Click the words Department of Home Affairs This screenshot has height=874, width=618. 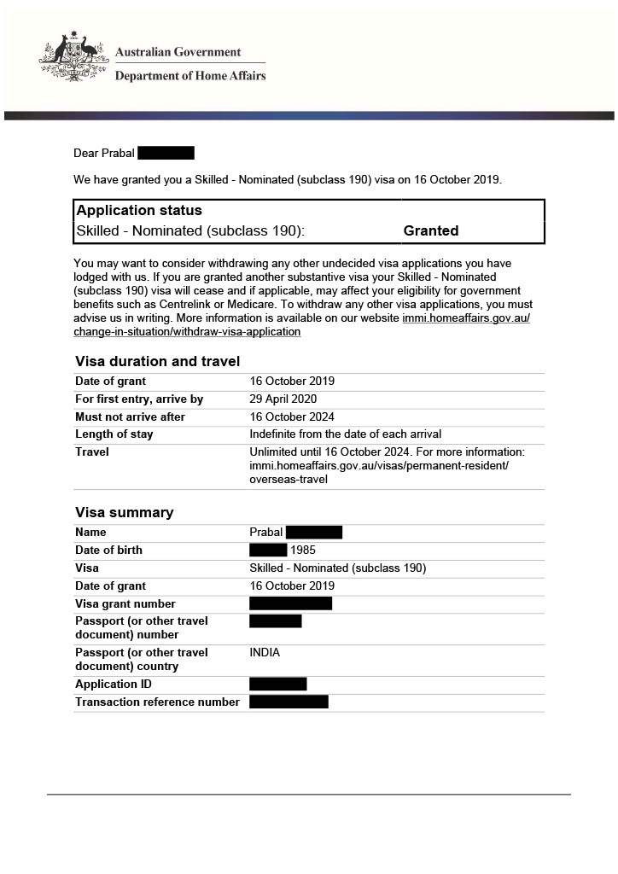[190, 76]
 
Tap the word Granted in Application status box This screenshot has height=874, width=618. [430, 230]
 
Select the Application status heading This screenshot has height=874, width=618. [139, 210]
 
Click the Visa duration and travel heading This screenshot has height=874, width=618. [157, 361]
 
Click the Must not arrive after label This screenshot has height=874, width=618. [130, 417]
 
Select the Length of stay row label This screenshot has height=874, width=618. [114, 434]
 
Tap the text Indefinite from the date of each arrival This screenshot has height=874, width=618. [345, 434]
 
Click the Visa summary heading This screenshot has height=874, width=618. [124, 512]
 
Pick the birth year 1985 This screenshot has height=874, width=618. [303, 551]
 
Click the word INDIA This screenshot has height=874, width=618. [265, 653]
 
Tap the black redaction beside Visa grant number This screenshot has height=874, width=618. [290, 603]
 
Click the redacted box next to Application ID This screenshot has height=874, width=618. [277, 684]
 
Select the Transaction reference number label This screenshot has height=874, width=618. [157, 702]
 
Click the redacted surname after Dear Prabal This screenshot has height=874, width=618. [166, 153]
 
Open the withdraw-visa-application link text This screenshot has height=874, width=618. [187, 332]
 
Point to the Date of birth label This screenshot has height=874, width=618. [108, 551]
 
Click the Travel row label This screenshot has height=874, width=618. [92, 452]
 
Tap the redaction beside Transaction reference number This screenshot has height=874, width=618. [289, 702]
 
